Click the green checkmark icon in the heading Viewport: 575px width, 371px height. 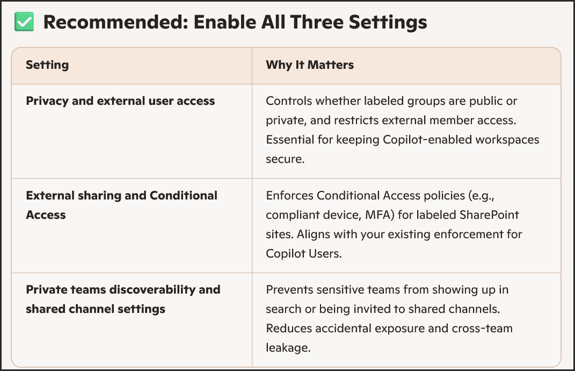[x=24, y=22]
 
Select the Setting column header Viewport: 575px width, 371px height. [x=47, y=65]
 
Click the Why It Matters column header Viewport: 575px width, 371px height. [x=310, y=65]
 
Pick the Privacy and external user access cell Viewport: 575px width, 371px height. [x=120, y=101]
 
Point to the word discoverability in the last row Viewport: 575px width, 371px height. [x=152, y=289]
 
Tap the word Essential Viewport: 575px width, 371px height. [x=290, y=140]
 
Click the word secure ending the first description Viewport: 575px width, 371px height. [x=285, y=159]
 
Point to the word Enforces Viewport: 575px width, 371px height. [x=289, y=195]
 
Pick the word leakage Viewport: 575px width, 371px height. [x=288, y=348]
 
